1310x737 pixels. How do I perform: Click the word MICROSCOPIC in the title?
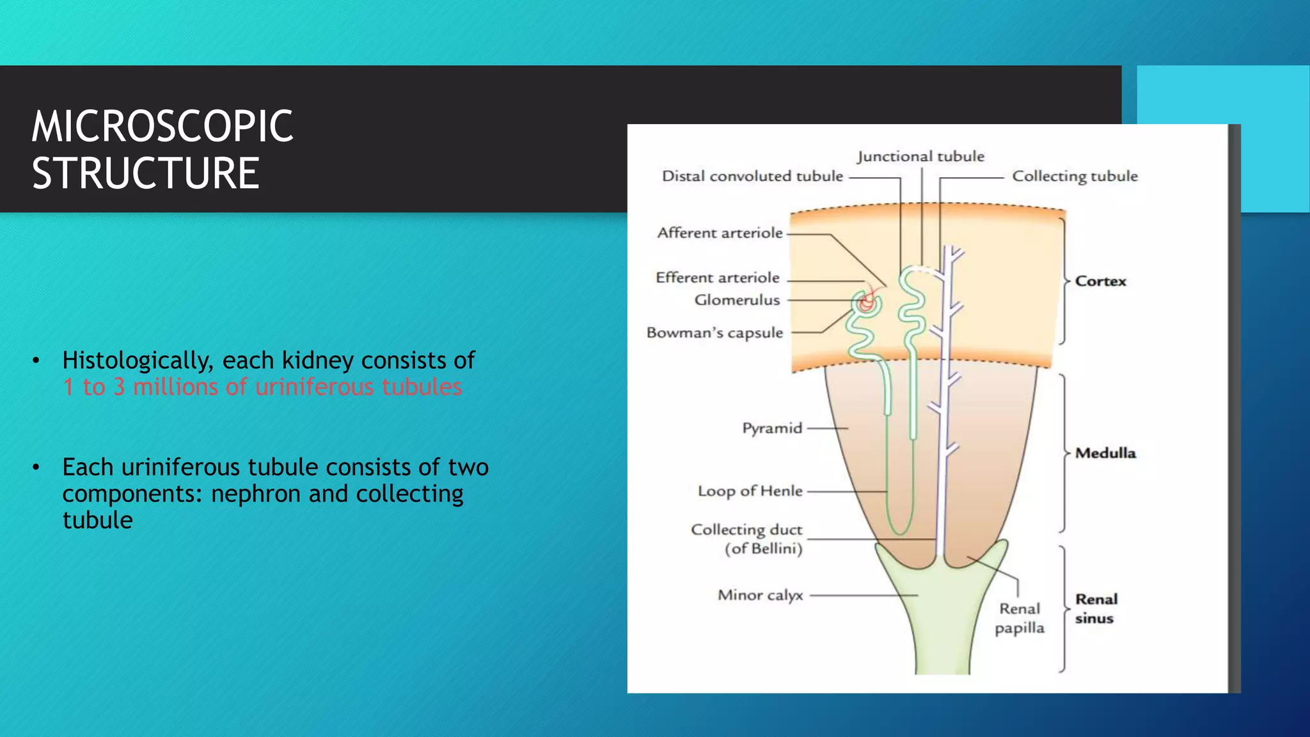[x=162, y=126]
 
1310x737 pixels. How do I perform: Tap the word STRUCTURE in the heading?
[x=146, y=173]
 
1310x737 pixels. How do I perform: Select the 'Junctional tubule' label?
[x=920, y=157]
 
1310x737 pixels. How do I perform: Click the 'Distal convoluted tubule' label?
[x=752, y=177]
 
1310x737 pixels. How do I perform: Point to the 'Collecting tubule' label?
[x=1075, y=177]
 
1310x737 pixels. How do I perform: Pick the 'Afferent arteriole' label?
[x=720, y=233]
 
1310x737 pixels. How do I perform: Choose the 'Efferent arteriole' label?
[x=718, y=278]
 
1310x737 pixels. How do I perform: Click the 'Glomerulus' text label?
[x=737, y=300]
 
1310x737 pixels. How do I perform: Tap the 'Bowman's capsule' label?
[x=714, y=333]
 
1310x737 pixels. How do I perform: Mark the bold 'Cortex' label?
[x=1100, y=281]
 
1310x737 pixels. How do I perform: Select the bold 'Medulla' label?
[x=1105, y=453]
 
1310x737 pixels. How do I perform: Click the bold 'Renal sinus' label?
[x=1096, y=608]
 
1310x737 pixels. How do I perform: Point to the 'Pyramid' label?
[x=772, y=428]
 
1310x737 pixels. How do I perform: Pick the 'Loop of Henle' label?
[x=750, y=491]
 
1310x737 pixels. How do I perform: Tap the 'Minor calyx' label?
[x=760, y=595]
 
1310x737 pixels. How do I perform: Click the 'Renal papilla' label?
[x=1020, y=618]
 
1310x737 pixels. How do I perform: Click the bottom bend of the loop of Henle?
[x=899, y=532]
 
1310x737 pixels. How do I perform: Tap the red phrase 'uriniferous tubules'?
[x=358, y=387]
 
